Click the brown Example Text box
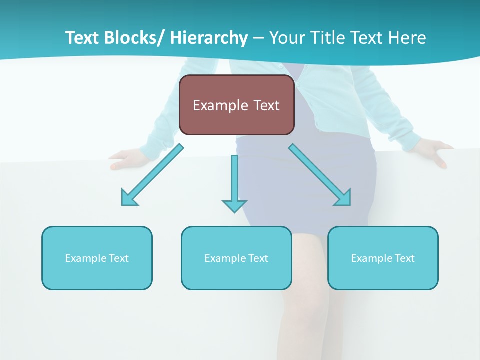click(x=236, y=105)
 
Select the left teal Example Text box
click(x=97, y=258)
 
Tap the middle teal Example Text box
click(x=236, y=258)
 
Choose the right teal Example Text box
click(x=383, y=258)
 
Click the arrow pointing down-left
click(x=153, y=175)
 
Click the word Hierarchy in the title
click(x=209, y=38)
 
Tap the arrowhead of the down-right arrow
click(x=344, y=198)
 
